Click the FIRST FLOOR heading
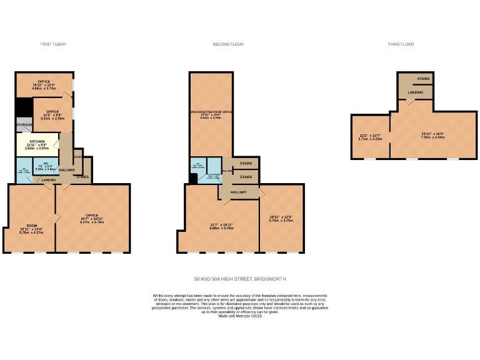(52, 44)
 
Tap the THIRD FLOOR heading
(400, 44)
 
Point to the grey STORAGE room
(24, 125)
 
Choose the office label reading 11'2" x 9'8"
(52, 114)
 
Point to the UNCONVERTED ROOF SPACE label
(211, 112)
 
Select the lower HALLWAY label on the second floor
(238, 192)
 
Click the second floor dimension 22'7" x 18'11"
(221, 226)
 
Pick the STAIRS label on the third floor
(423, 79)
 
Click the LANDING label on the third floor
(416, 92)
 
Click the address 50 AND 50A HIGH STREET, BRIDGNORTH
(240, 279)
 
